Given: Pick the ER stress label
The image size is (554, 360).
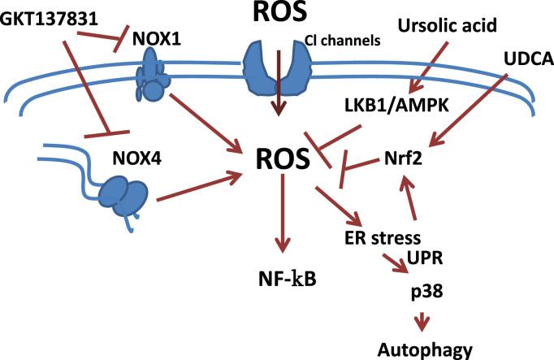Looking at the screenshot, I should click(380, 238).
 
